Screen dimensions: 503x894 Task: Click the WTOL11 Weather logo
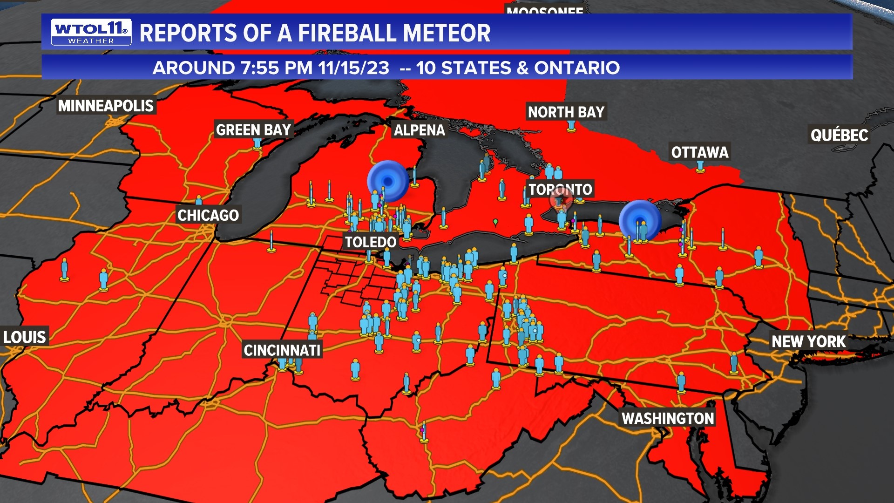91,32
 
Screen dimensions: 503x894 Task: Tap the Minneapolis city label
106,106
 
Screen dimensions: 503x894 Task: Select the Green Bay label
253,129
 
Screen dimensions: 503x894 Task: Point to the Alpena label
419,130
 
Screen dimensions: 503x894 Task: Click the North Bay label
566,112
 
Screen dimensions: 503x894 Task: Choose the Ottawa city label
699,152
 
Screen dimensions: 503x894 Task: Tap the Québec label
839,135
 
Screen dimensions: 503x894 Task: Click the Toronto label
560,189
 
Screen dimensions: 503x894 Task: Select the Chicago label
208,215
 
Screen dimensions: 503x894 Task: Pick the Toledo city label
371,242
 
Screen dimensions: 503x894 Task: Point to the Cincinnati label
282,350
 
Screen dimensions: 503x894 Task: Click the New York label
808,341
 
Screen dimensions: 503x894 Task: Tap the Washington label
668,418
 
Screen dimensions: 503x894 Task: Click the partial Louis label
24,337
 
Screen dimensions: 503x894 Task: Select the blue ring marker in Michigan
388,181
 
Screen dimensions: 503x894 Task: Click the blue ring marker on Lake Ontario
640,220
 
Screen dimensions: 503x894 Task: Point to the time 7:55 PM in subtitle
277,68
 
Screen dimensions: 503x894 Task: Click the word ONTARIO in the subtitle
577,68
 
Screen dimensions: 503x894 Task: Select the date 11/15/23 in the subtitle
354,68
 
